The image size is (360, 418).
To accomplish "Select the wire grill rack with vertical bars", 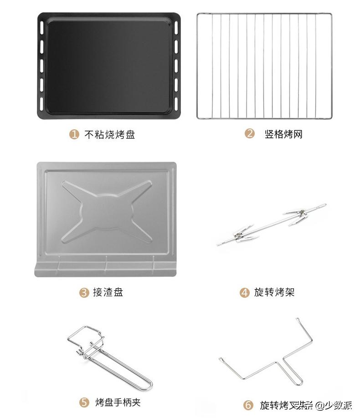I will (x=264, y=66).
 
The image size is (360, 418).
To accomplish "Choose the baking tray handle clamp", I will (x=109, y=358).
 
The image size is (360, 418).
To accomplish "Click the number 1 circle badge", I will (x=74, y=134).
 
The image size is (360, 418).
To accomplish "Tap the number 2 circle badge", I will (x=249, y=134).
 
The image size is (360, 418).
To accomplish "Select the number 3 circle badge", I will (x=84, y=292).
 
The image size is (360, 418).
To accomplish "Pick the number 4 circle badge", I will (x=245, y=292).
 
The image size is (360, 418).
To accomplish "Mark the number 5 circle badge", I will (x=84, y=403).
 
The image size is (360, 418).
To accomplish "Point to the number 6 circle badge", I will (x=248, y=405).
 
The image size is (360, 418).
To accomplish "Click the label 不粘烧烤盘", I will (x=110, y=134).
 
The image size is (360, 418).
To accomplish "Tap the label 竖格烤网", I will (x=283, y=134).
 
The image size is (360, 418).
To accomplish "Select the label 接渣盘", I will (x=108, y=292).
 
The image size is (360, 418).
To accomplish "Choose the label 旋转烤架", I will (x=274, y=292).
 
